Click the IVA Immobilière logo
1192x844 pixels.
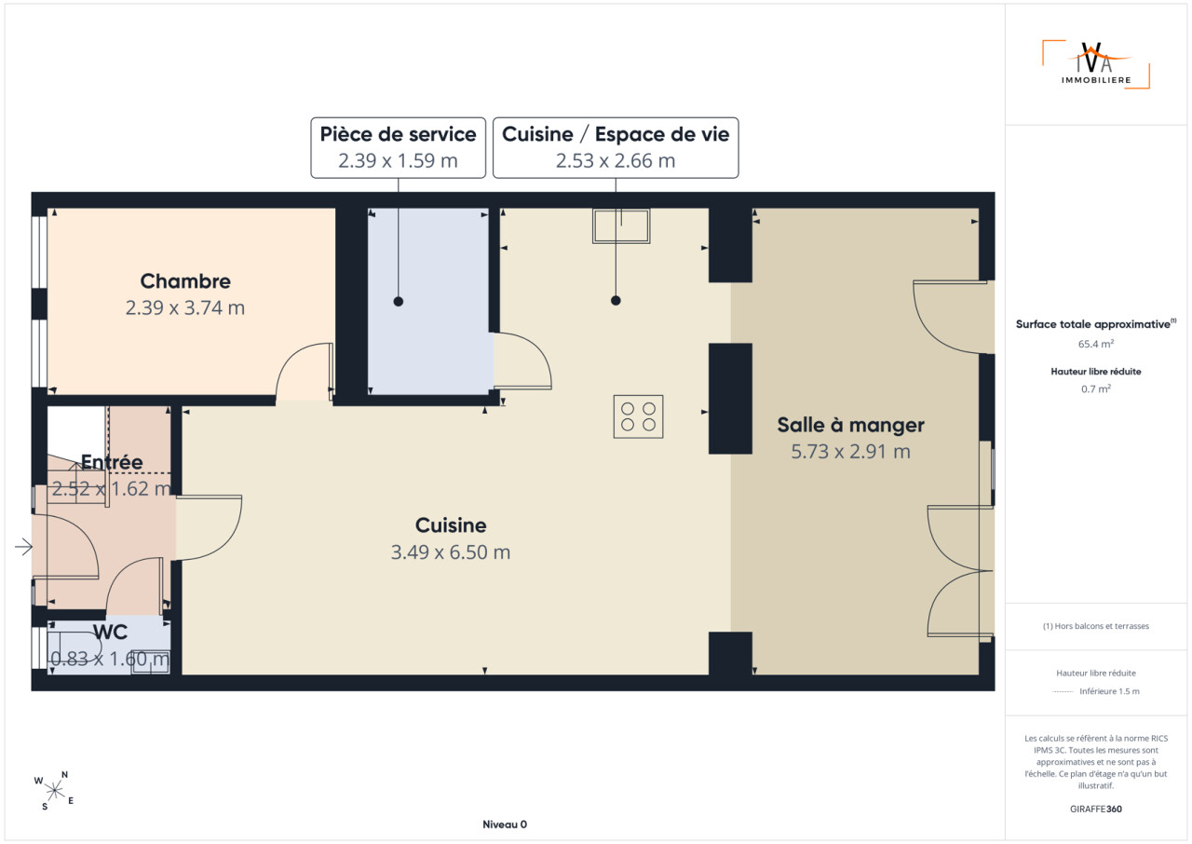pos(1096,64)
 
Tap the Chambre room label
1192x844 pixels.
pos(185,281)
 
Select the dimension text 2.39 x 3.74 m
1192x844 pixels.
pos(185,307)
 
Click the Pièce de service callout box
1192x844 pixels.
pos(398,147)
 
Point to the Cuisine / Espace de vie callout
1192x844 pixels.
pos(616,147)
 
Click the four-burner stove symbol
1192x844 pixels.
pos(638,416)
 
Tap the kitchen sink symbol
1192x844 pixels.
pos(621,226)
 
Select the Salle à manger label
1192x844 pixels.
pos(850,425)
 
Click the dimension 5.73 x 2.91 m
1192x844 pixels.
pos(850,451)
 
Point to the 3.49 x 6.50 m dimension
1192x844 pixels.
pos(451,551)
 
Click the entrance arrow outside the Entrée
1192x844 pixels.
pos(23,547)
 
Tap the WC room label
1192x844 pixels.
pos(110,632)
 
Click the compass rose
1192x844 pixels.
pos(55,791)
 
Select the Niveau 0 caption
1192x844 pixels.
pos(505,824)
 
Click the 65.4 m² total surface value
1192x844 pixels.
pos(1096,344)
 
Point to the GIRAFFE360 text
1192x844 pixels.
pos(1096,809)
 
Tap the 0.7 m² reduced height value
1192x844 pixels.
pos(1096,388)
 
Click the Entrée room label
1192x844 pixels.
pos(112,462)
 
